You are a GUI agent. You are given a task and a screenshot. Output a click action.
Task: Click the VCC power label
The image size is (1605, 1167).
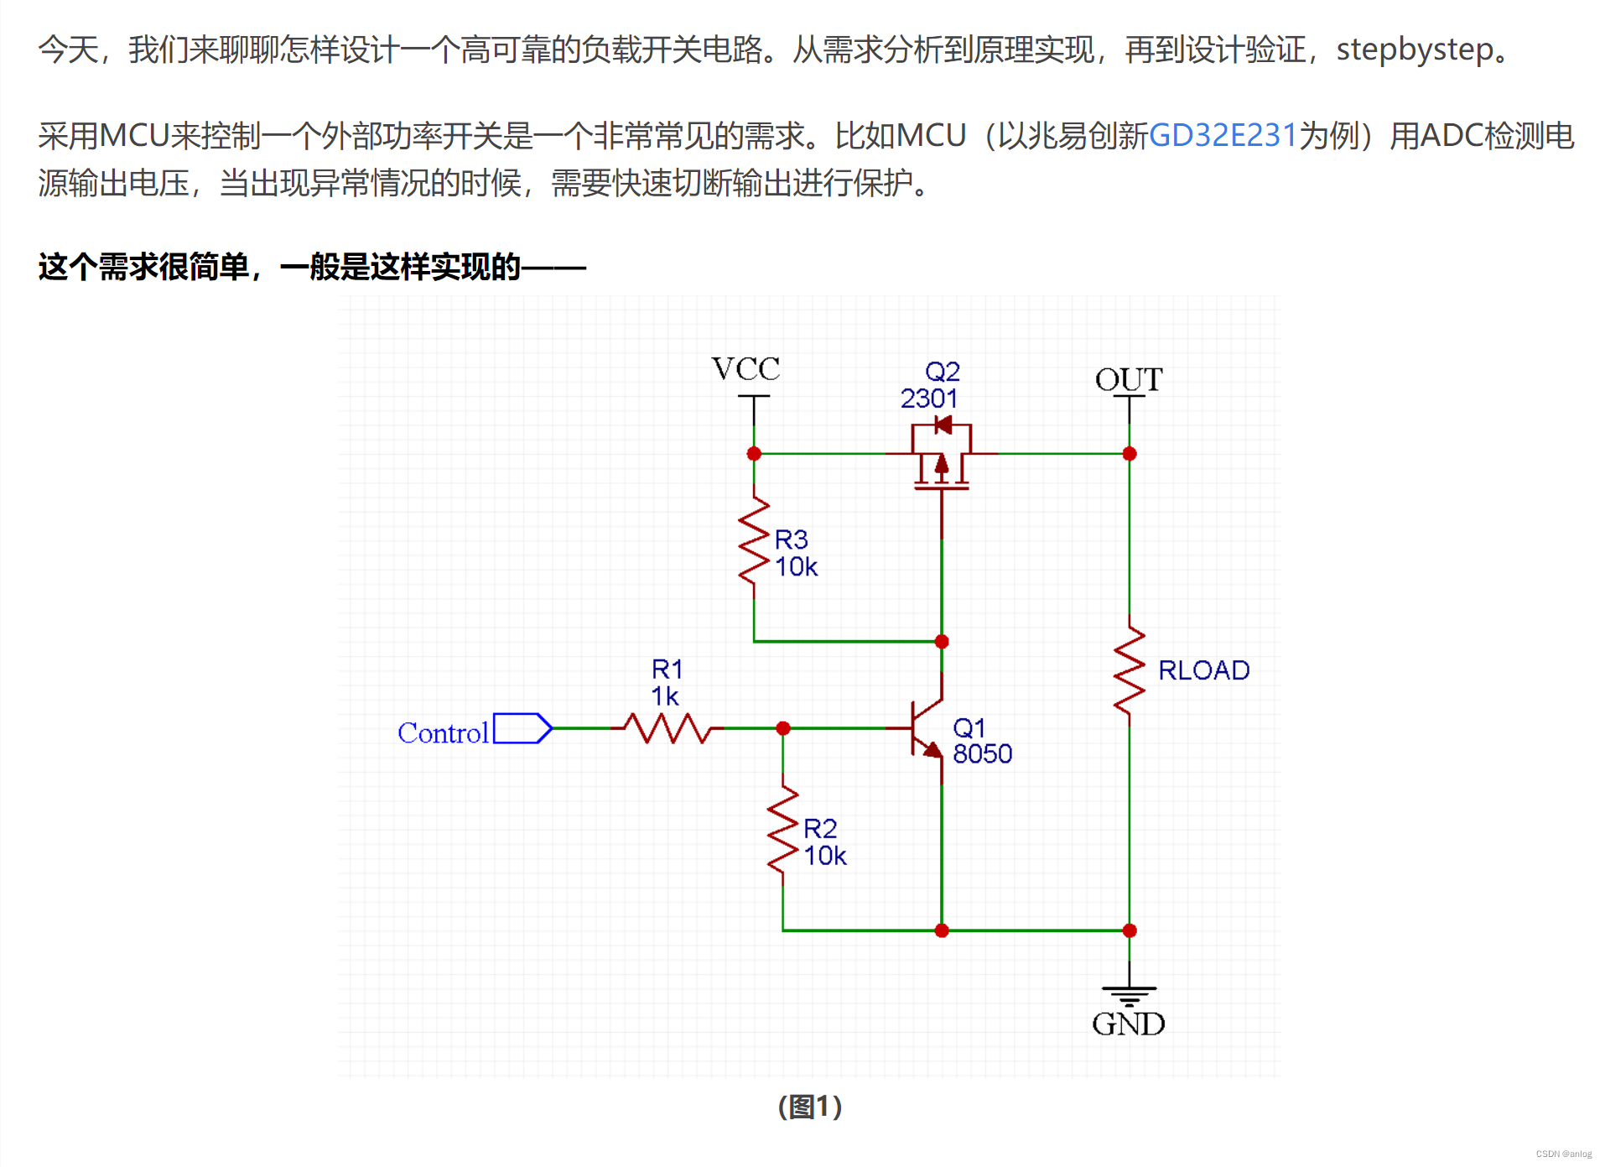pos(745,369)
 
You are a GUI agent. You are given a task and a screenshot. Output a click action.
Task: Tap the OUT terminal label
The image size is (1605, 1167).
pos(1129,380)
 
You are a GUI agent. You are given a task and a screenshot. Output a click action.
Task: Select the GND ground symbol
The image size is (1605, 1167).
pos(1129,995)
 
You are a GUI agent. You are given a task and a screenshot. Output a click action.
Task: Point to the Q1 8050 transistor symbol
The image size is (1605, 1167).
pos(927,728)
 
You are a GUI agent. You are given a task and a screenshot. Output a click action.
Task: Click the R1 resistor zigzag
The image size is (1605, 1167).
pos(668,728)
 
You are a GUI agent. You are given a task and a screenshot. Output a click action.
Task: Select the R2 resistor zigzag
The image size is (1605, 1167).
pos(782,834)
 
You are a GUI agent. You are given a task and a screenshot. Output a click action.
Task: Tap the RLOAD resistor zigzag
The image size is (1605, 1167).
pos(1129,669)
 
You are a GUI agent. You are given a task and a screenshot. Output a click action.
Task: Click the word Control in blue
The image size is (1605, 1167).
pos(443,733)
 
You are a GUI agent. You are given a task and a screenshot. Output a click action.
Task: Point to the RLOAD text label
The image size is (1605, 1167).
pos(1203,670)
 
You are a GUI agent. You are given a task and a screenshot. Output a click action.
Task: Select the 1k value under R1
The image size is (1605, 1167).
pos(665,696)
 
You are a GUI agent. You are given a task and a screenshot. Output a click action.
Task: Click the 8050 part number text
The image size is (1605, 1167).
pos(982,754)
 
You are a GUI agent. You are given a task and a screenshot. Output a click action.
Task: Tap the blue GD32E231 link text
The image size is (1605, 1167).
pos(1223,135)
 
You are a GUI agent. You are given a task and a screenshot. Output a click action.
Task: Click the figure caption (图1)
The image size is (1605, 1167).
pos(809,1107)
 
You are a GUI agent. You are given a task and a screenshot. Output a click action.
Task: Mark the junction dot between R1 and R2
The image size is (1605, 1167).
pos(782,728)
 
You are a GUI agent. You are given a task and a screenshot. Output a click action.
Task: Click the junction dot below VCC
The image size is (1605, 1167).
pos(754,454)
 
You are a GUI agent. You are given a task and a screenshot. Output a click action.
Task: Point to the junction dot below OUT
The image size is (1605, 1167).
pos(1129,454)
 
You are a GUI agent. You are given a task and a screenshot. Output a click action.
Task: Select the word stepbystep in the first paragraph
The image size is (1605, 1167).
pos(1415,49)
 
